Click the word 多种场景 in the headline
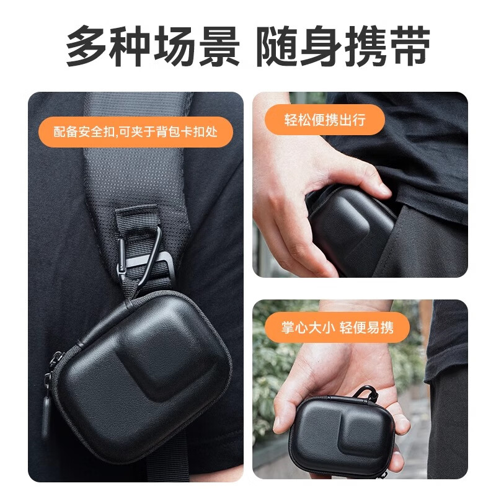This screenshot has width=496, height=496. click(x=153, y=46)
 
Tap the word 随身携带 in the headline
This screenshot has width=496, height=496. click(x=343, y=46)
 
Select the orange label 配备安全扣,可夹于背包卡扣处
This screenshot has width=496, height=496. click(x=135, y=131)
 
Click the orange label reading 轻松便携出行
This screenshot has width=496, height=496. click(x=324, y=120)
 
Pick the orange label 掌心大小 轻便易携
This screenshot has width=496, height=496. click(x=337, y=327)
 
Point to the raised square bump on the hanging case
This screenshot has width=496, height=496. click(x=170, y=360)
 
